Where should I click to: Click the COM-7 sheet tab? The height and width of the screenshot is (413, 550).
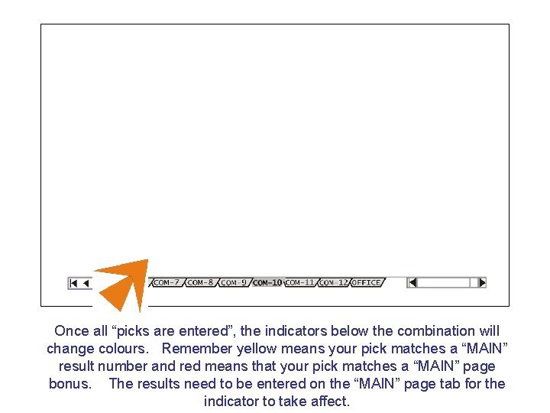click(x=167, y=283)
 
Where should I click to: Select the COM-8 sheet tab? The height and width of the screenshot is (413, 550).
click(x=201, y=283)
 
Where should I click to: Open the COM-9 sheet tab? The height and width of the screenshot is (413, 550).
click(x=234, y=283)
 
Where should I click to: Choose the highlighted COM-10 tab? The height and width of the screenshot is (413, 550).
click(x=267, y=283)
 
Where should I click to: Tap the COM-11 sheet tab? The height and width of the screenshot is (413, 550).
click(x=299, y=283)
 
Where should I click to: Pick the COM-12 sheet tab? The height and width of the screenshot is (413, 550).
click(x=333, y=283)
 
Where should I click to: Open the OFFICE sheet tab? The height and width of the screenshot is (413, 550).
click(x=366, y=283)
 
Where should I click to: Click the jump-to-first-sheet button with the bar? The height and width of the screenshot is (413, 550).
click(x=73, y=283)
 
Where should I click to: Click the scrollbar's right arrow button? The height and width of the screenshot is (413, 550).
click(x=481, y=282)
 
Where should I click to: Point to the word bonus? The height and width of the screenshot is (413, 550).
click(x=70, y=384)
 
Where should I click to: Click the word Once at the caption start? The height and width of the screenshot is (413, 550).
click(x=72, y=331)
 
